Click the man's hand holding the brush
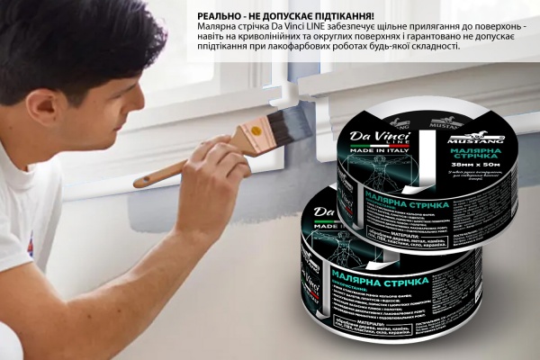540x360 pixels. pos(212,166)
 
